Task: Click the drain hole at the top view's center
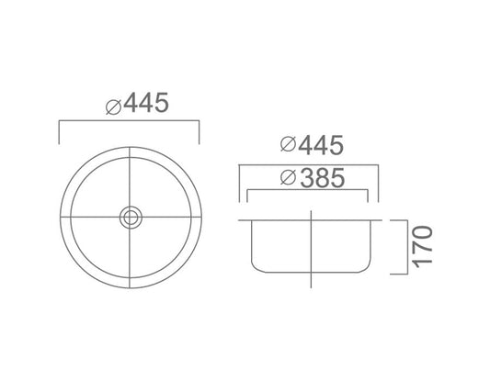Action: click(x=130, y=217)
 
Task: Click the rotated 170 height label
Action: click(x=422, y=246)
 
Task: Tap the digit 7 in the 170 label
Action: click(x=422, y=246)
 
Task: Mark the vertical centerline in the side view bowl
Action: click(x=313, y=243)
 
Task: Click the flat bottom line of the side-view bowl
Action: click(x=313, y=272)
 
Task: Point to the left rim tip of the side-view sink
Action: click(x=240, y=220)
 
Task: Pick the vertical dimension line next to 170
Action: click(x=405, y=246)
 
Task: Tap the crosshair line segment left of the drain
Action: click(x=92, y=217)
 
